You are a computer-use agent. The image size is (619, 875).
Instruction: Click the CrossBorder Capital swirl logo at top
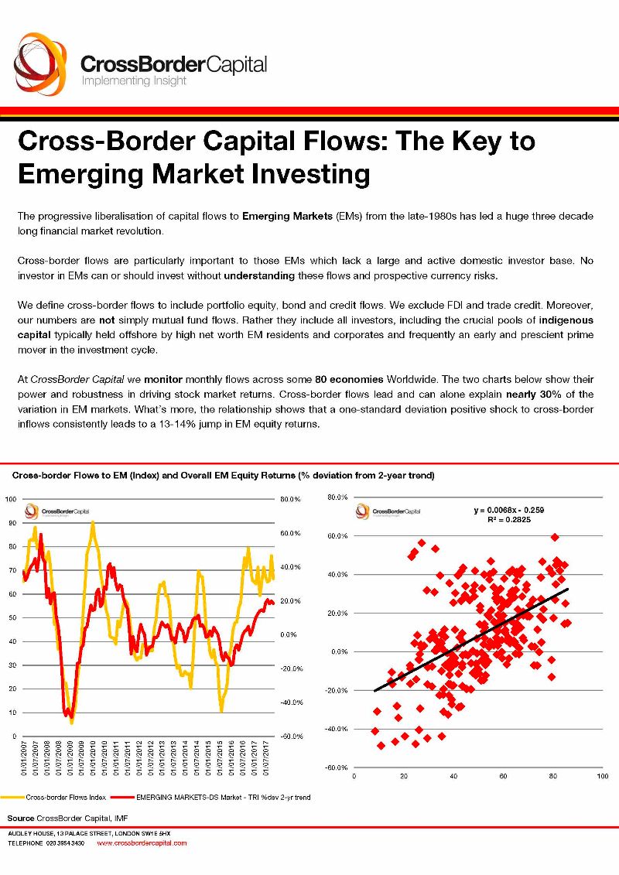click(39, 64)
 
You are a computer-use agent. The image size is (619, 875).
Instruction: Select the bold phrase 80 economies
click(349, 379)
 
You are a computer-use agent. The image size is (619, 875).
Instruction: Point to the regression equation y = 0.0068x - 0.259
click(509, 510)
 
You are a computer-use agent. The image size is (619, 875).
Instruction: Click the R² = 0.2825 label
click(509, 520)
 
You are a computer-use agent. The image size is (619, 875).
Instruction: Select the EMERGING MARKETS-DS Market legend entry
click(211, 798)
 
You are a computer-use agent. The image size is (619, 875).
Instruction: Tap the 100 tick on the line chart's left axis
click(11, 499)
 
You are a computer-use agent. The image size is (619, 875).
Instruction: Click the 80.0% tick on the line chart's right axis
click(290, 500)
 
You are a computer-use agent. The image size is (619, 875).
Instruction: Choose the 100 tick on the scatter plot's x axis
click(602, 776)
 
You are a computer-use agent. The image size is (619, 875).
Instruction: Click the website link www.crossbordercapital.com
click(142, 843)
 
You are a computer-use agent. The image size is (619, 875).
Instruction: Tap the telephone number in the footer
click(65, 843)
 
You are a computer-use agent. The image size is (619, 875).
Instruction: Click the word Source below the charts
click(21, 818)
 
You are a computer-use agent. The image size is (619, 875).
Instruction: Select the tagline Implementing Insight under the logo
click(134, 81)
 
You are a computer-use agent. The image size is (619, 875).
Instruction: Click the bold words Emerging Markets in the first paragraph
click(288, 216)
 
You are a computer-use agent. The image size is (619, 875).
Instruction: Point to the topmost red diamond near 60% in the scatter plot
click(555, 537)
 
